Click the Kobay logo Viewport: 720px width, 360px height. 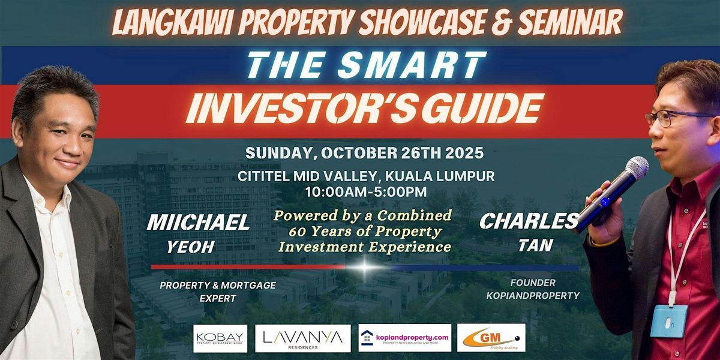pos(220,338)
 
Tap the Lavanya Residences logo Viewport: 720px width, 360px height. pos(302,338)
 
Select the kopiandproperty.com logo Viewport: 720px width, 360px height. pos(404,338)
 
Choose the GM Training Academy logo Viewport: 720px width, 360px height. pos(491,338)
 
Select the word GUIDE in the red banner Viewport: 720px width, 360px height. pos(485,109)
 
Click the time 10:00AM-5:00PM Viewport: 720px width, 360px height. pos(366,192)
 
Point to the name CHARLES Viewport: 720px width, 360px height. pos(529,221)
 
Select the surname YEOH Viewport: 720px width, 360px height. pos(190,247)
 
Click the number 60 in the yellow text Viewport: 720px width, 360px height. pos(296,232)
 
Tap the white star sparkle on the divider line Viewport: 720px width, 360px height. pos(365,267)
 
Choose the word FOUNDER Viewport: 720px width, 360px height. pos(533,283)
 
